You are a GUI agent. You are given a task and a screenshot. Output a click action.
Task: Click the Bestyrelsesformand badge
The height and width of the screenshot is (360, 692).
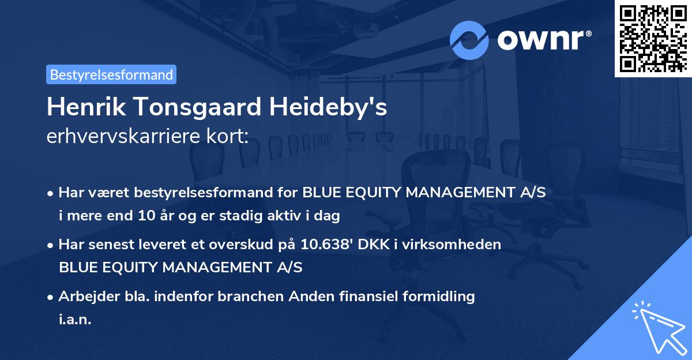(111, 74)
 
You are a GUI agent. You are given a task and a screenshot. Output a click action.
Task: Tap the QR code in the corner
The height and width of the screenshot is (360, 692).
(653, 38)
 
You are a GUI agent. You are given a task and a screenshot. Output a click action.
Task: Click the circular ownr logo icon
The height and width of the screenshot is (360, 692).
(469, 40)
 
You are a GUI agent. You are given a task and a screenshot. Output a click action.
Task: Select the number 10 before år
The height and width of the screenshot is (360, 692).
(145, 216)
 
